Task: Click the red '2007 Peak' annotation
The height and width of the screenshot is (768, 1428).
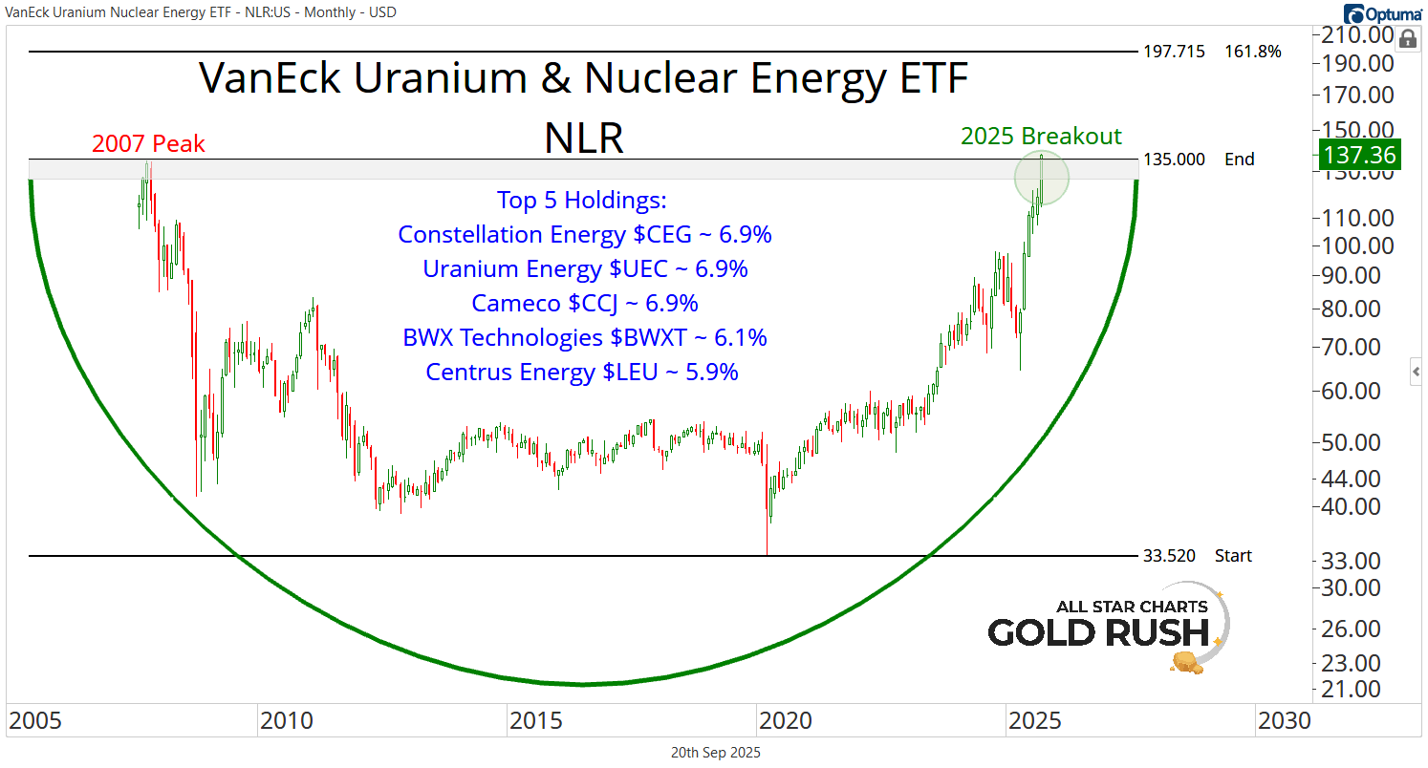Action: click(x=148, y=144)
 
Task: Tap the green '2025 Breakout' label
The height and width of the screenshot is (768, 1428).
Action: click(x=1041, y=136)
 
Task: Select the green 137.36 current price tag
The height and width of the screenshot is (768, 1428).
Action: click(x=1358, y=155)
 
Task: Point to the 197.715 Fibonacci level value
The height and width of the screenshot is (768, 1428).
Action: click(x=1175, y=51)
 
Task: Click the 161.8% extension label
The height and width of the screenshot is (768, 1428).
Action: click(x=1252, y=51)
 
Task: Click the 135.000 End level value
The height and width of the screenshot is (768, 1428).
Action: click(x=1175, y=160)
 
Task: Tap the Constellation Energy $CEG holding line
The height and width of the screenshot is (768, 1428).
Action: click(x=584, y=235)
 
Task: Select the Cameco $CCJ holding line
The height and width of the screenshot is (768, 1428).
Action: click(x=584, y=304)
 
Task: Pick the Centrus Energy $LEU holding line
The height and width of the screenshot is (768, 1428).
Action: click(x=582, y=373)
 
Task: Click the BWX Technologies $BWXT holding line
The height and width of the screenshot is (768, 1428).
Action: click(x=584, y=338)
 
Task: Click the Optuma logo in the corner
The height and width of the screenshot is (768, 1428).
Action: click(x=1383, y=13)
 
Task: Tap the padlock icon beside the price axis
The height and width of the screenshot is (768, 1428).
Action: click(x=1408, y=39)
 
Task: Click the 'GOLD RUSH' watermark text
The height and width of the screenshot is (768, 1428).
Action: click(x=1097, y=632)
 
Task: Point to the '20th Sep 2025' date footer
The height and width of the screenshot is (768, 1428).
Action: click(x=715, y=753)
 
